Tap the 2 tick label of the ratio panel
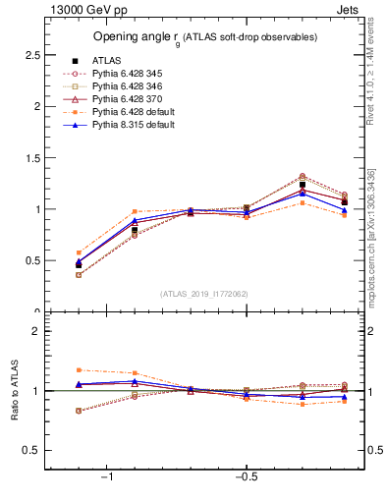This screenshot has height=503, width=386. point(34,332)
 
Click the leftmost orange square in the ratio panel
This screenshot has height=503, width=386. point(79,370)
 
